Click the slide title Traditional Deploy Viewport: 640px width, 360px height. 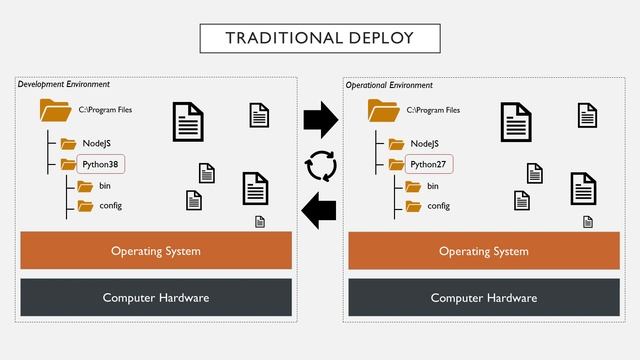[320, 38]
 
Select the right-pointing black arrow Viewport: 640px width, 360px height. [320, 120]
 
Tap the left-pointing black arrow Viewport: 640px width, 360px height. [320, 211]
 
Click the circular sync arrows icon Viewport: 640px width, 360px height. [321, 166]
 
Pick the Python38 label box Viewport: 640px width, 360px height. [100, 163]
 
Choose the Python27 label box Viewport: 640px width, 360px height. [428, 163]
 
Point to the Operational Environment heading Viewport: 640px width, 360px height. [390, 85]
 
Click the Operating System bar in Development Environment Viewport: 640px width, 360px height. [156, 251]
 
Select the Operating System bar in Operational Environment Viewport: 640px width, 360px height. [484, 251]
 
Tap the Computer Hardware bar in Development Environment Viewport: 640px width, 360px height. [156, 298]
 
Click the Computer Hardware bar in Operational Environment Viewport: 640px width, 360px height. [484, 298]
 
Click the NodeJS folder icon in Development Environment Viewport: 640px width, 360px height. [68, 143]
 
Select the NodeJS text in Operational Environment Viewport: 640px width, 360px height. [425, 143]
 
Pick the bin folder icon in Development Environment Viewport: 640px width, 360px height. [84, 186]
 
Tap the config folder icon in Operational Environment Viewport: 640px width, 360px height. [412, 206]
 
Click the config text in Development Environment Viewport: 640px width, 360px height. [110, 206]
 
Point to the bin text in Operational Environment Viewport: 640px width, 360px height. [433, 186]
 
